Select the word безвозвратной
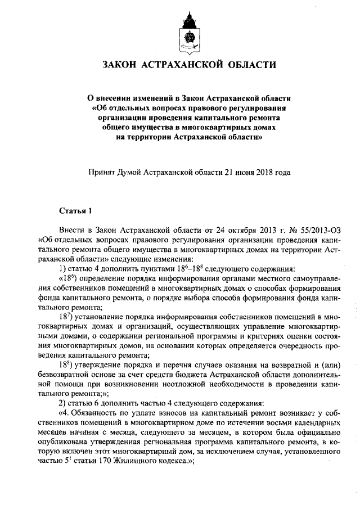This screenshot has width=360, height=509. [66, 374]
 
